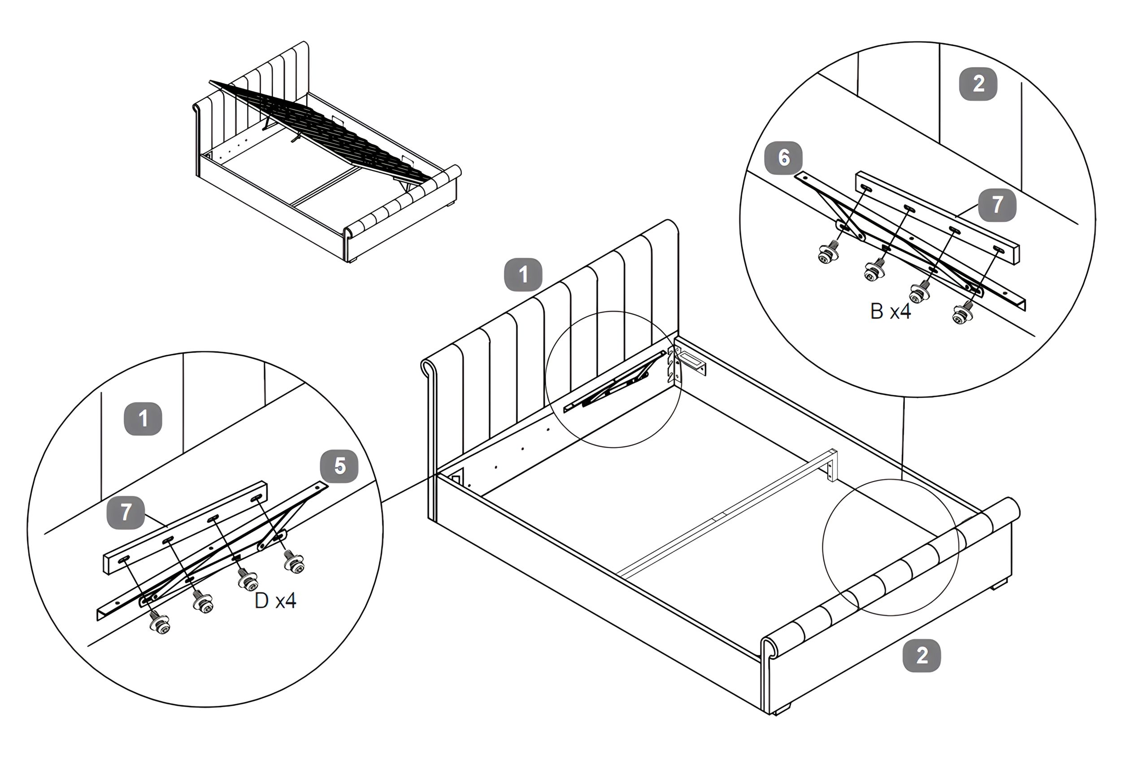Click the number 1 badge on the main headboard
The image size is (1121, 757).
tap(523, 274)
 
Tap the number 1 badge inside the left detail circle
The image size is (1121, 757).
tap(143, 418)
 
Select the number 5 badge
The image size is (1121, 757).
tap(339, 466)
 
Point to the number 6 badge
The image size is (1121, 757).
tap(783, 158)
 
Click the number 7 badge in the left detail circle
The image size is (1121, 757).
tap(126, 513)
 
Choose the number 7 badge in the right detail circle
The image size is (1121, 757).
tap(997, 204)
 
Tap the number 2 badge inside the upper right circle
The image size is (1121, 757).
tap(978, 84)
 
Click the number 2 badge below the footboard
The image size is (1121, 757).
tap(921, 655)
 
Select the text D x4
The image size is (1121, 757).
tap(275, 600)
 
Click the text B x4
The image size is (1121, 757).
tap(891, 311)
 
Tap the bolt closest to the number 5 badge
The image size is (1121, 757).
tap(294, 562)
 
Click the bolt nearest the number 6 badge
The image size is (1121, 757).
tap(828, 252)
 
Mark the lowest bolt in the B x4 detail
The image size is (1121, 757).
tap(961, 313)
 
